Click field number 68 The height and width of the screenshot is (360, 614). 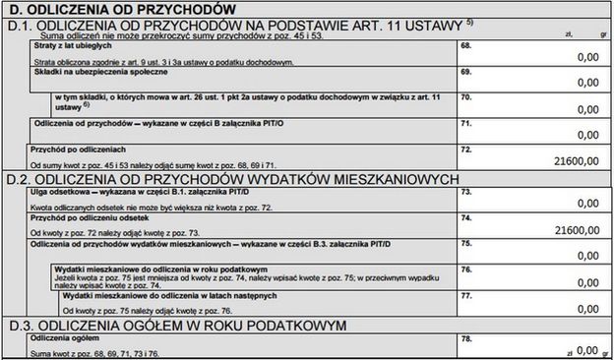point(465,45)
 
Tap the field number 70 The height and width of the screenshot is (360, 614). point(465,97)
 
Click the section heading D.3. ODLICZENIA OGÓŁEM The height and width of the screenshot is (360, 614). point(177,324)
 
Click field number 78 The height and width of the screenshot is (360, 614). point(465,338)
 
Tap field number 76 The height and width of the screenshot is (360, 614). point(465,268)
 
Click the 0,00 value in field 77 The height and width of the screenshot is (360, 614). point(587,306)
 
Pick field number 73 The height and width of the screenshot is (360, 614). point(465,193)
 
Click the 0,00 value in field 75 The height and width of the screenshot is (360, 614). point(587,254)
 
